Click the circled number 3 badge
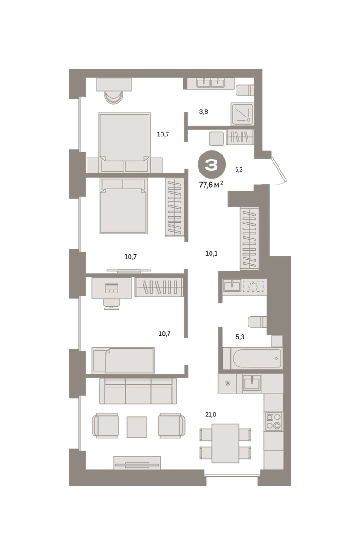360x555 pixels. [211, 165]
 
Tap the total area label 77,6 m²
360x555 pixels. [211, 185]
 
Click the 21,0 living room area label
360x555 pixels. [211, 414]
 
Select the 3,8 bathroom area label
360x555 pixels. [204, 112]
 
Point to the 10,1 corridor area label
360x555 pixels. [211, 253]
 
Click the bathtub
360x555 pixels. [252, 358]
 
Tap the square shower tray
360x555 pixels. [242, 114]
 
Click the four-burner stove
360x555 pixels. [273, 421]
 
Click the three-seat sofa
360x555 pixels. [138, 391]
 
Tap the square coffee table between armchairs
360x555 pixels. [137, 427]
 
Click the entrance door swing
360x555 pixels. [279, 171]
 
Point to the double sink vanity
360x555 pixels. [211, 83]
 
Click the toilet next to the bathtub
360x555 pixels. [257, 322]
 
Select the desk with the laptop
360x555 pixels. [112, 288]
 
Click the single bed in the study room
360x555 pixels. [123, 360]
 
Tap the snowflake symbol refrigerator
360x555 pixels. [227, 383]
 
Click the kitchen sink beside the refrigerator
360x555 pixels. [252, 383]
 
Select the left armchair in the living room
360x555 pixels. [105, 425]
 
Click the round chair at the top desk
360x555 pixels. [113, 97]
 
